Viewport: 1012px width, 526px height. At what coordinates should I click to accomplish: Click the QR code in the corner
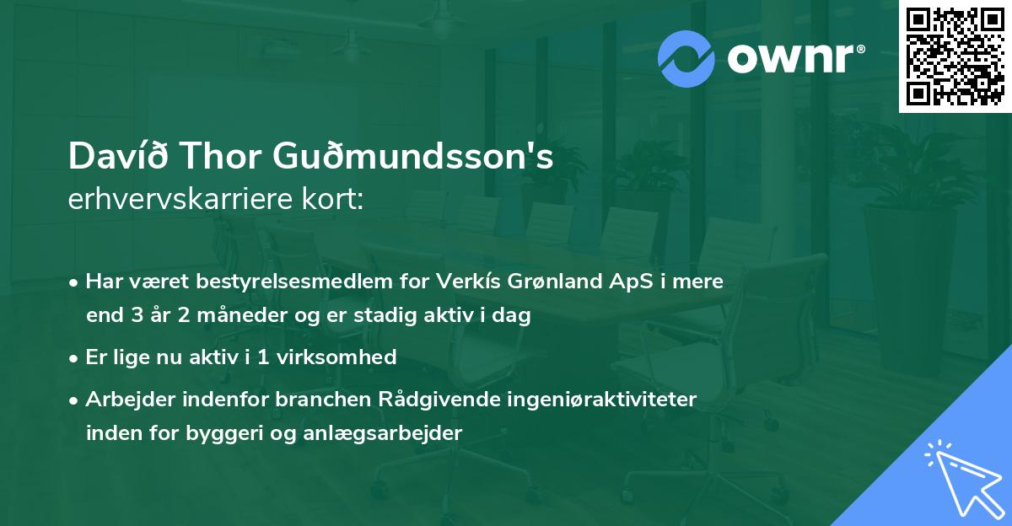pos(955,56)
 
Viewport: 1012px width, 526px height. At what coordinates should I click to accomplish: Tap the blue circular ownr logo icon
pos(686,59)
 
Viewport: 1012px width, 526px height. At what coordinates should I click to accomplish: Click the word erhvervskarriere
pos(168,200)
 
